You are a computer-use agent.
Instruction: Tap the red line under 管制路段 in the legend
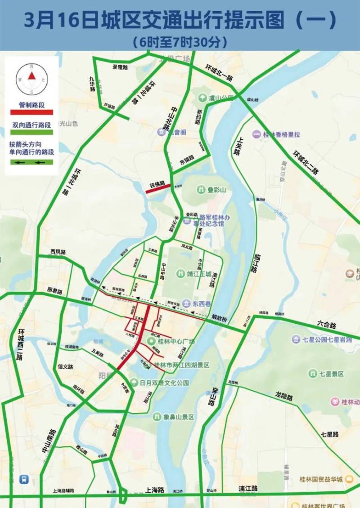(x=32, y=112)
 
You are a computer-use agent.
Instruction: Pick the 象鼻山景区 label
(x=179, y=417)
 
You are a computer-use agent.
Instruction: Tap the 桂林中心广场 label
(x=176, y=341)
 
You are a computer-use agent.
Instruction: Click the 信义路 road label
(x=65, y=366)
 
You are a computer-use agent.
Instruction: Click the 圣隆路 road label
(x=120, y=67)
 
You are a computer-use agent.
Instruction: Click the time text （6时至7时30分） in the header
(x=180, y=42)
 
